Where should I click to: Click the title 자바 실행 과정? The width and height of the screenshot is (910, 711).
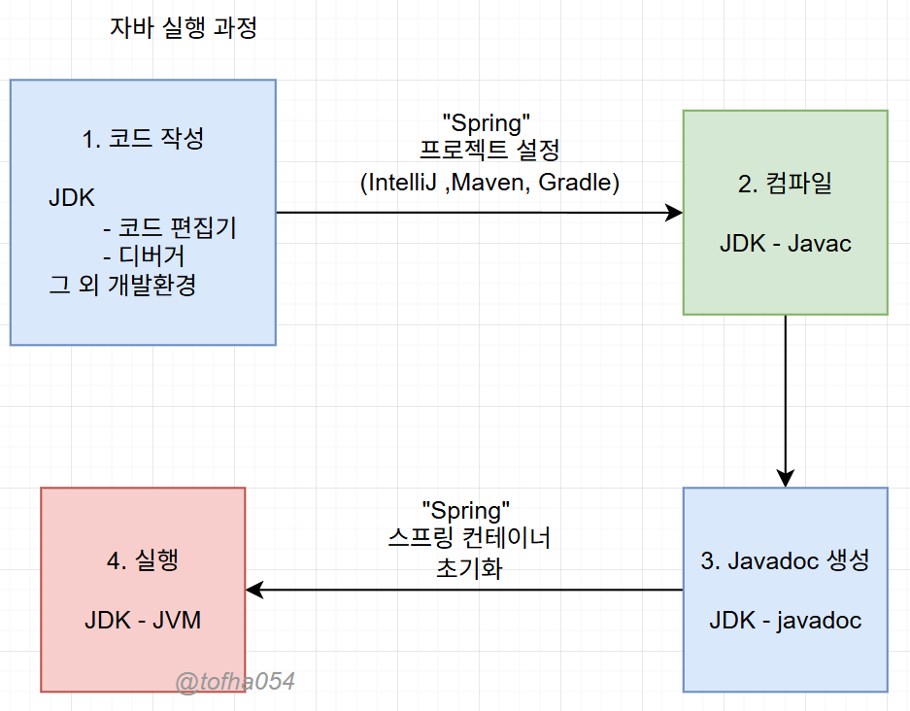(x=185, y=28)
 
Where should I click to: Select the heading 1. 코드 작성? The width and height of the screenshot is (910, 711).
(x=143, y=139)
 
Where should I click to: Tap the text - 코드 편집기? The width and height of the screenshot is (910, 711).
(x=169, y=228)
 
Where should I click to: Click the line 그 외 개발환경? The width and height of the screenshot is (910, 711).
(x=122, y=286)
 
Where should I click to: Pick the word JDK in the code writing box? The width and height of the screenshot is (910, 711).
(x=72, y=199)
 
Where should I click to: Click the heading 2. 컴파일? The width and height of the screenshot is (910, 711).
(x=785, y=185)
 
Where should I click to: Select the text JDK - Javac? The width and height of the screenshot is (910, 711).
(x=785, y=243)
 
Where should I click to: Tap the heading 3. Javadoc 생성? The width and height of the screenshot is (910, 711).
(x=785, y=560)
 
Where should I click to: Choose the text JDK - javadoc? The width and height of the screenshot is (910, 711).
(x=785, y=620)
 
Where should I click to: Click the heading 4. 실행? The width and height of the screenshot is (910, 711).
(x=143, y=560)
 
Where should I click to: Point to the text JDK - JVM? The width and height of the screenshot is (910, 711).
(x=143, y=620)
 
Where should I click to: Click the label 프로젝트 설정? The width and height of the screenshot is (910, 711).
(x=487, y=152)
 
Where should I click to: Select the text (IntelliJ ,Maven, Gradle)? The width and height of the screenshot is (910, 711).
(x=489, y=182)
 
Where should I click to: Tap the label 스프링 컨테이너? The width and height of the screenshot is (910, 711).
(x=468, y=537)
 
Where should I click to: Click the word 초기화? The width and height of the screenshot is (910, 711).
(x=468, y=566)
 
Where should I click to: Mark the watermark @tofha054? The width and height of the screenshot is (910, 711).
(x=235, y=682)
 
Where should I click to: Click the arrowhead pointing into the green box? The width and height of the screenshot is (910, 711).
(x=674, y=213)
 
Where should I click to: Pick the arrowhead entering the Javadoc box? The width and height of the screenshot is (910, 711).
(x=785, y=478)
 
